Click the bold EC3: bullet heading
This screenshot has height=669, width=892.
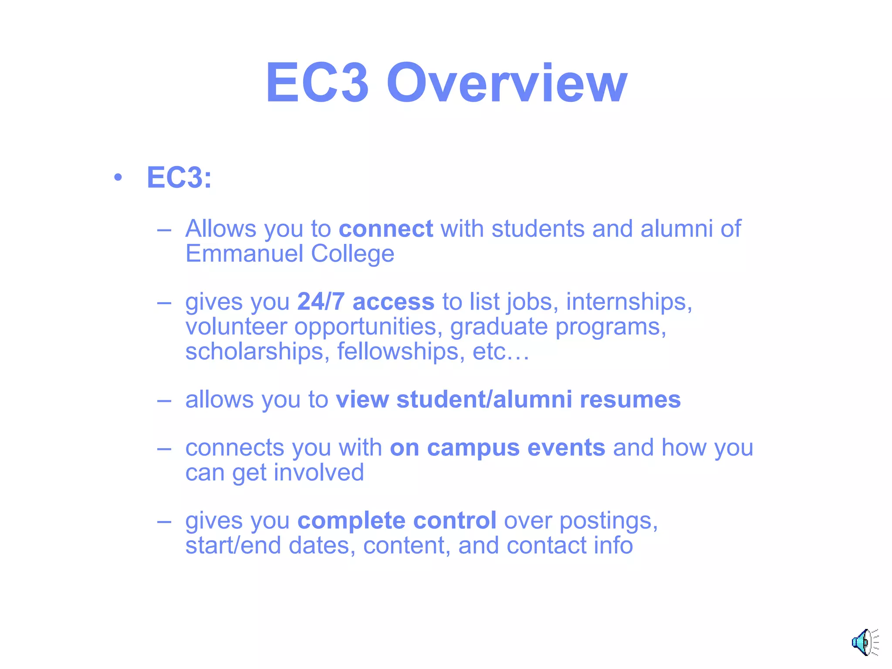[179, 178]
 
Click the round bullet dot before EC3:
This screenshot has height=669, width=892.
[118, 178]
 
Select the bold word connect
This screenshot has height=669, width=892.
[386, 229]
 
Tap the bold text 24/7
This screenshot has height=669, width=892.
[321, 301]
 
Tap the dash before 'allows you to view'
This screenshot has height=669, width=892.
[164, 400]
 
